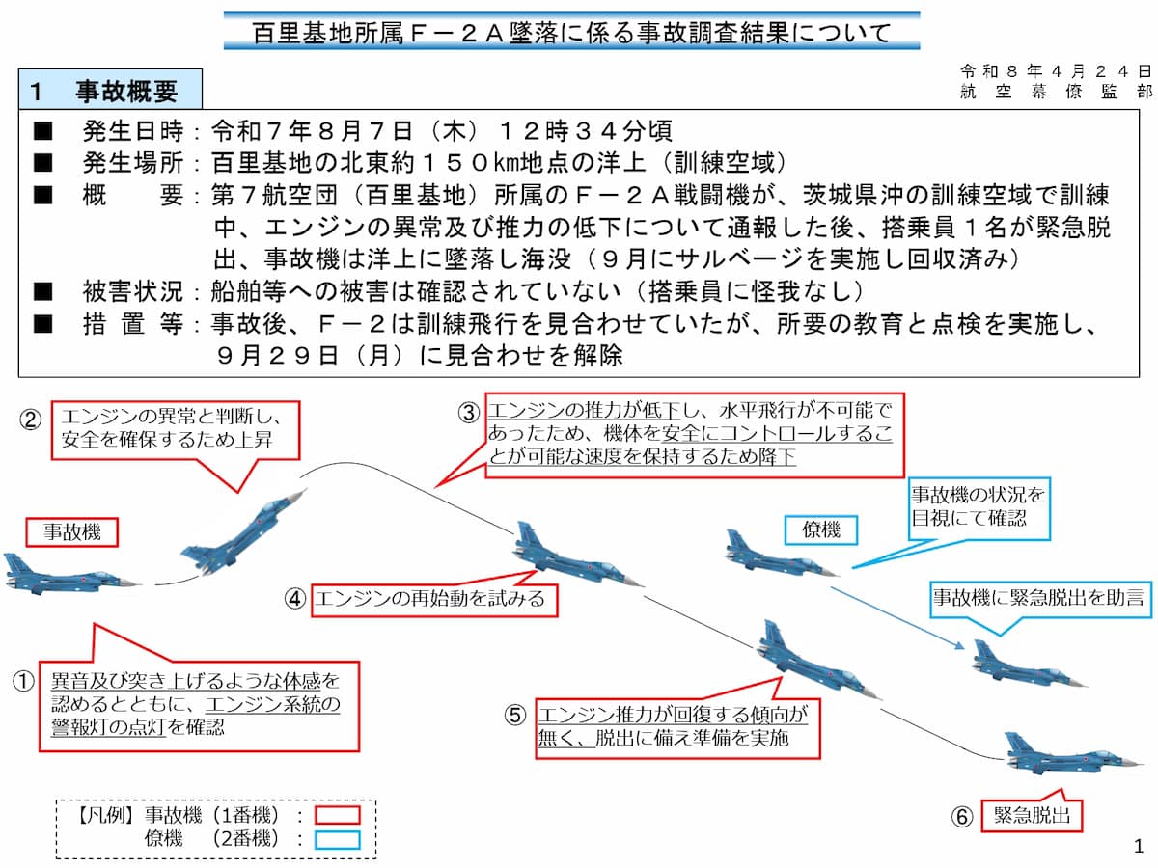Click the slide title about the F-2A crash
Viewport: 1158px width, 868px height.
coord(571,33)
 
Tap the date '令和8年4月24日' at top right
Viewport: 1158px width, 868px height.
coord(1056,71)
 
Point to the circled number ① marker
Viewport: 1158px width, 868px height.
coord(23,680)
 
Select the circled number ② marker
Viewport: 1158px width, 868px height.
coord(31,420)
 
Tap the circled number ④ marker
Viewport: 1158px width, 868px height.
coord(295,599)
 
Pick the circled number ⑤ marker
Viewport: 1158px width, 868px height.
coord(515,715)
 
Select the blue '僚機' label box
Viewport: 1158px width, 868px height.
coord(820,529)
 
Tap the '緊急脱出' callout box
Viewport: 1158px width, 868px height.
coord(1032,816)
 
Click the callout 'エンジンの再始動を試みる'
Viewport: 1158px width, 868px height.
coord(428,598)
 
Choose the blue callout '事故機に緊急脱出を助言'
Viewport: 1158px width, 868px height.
coord(1037,598)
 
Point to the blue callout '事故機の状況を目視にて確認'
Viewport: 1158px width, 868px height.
coord(977,507)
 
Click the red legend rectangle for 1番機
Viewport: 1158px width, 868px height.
coord(336,816)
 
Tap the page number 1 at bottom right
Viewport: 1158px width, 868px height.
coord(1138,847)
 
